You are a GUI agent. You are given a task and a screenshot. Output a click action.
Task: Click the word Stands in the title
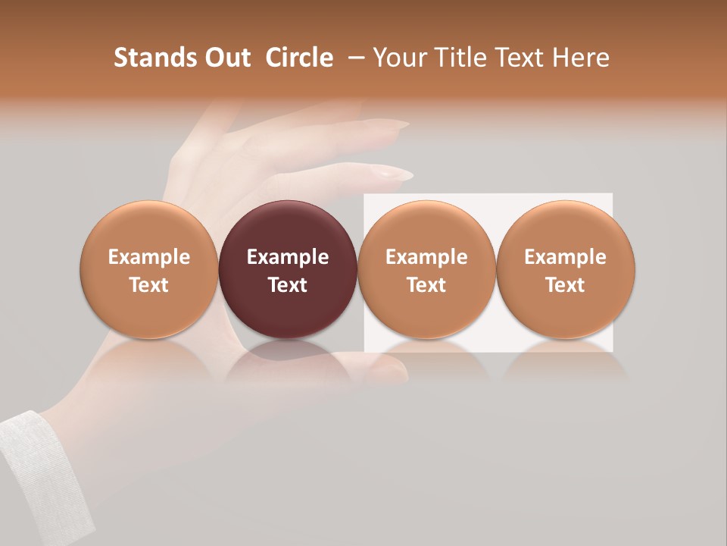[154, 58]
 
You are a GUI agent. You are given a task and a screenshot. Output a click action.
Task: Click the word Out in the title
[226, 58]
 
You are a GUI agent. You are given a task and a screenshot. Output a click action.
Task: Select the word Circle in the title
[299, 58]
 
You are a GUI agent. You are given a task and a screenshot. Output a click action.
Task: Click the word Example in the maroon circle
[288, 257]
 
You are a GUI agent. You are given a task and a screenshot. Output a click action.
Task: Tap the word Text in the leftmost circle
[148, 285]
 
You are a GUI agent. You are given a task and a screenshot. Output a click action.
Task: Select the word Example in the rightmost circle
[566, 257]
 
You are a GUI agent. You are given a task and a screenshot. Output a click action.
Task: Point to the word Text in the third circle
[426, 285]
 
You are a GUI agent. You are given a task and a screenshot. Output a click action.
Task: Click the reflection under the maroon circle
[288, 356]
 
